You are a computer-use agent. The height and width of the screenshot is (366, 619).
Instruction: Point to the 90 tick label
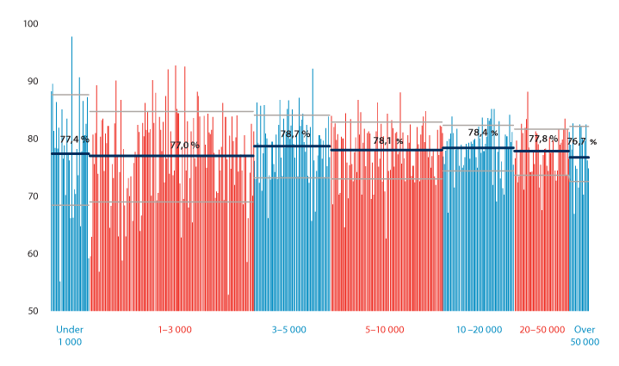32,81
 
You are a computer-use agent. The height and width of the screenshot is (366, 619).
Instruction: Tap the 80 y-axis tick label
32,139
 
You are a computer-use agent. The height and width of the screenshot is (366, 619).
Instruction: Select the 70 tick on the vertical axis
32,196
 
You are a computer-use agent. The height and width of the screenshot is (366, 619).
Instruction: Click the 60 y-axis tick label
32,254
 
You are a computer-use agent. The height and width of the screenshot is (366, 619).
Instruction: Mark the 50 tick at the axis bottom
32,311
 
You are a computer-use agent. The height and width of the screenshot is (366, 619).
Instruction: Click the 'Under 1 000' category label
69,336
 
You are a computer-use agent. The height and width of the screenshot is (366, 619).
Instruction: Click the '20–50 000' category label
542,330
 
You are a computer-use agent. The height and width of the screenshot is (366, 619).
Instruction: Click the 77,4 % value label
74,139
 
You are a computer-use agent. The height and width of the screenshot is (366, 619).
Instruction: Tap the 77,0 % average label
184,145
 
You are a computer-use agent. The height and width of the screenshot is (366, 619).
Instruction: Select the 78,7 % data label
294,134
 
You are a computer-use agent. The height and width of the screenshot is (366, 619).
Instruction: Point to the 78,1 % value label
388,140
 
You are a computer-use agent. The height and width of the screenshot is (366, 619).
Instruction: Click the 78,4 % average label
483,133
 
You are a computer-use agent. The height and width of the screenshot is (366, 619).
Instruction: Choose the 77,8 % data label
543,139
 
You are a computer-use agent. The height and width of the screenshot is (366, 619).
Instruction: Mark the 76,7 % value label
582,141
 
